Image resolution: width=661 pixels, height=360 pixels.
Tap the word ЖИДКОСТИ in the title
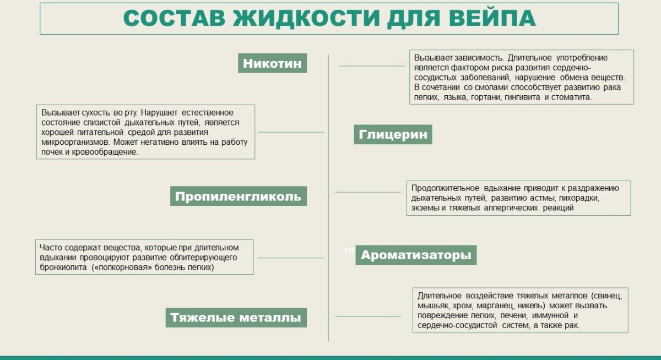(306, 19)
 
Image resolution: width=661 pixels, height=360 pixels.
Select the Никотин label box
(272, 63)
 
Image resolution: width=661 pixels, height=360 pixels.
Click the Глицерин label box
(393, 134)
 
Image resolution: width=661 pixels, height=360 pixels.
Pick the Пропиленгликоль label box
(239, 196)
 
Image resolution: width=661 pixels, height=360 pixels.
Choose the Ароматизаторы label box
(416, 255)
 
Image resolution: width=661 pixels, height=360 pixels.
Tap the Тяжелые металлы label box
(236, 318)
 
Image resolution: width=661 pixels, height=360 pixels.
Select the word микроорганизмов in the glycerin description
(75, 142)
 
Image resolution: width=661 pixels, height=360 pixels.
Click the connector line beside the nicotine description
(372, 66)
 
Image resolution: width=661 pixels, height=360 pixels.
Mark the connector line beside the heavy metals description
(368, 317)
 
